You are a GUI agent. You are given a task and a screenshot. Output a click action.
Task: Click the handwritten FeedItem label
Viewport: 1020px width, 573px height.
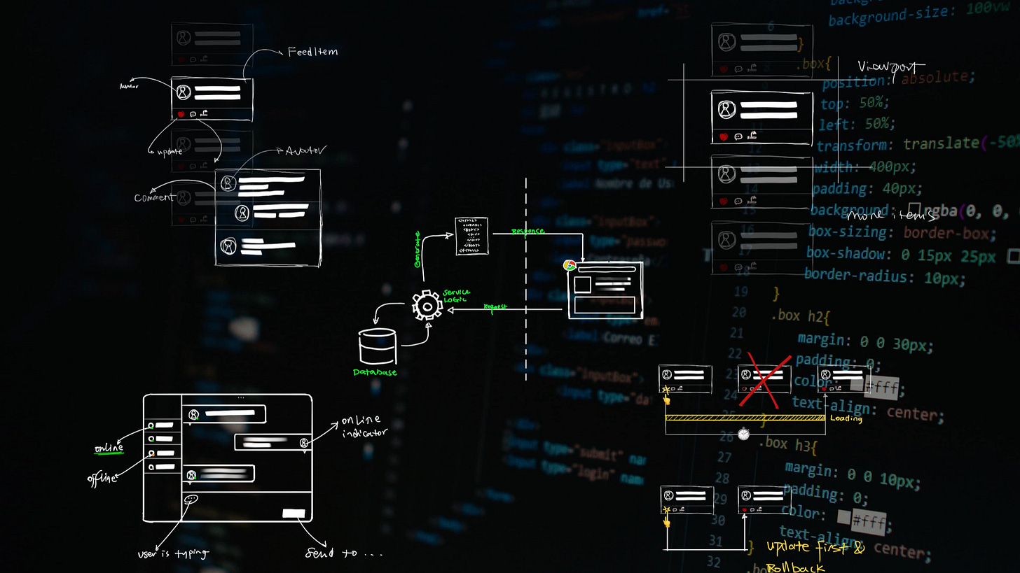point(312,52)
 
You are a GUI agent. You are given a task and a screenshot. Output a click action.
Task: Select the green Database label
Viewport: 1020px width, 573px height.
point(375,372)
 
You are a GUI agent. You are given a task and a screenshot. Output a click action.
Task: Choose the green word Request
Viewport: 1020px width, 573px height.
point(495,306)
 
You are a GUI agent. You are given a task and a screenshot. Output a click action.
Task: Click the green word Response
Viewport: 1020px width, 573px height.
point(527,231)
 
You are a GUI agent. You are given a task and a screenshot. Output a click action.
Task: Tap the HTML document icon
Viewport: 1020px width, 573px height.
point(471,236)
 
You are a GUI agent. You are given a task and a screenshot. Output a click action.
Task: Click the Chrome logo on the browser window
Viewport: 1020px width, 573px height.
point(570,265)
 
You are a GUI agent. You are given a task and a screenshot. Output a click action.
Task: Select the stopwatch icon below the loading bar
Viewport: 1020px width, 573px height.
point(743,434)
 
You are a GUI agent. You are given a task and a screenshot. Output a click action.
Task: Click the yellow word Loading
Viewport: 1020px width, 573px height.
point(846,418)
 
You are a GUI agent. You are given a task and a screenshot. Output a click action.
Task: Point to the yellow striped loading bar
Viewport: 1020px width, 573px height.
point(745,418)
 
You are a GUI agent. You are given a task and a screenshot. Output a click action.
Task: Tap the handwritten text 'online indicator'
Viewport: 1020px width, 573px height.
point(362,426)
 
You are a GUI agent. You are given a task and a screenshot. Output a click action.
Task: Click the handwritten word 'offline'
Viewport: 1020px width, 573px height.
point(102,479)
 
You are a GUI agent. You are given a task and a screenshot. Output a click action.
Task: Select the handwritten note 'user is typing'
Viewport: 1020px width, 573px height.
point(173,553)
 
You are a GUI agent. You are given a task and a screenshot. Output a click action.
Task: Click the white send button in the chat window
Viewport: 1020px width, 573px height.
point(294,514)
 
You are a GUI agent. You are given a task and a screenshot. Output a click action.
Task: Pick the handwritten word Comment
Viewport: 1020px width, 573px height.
point(154,197)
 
